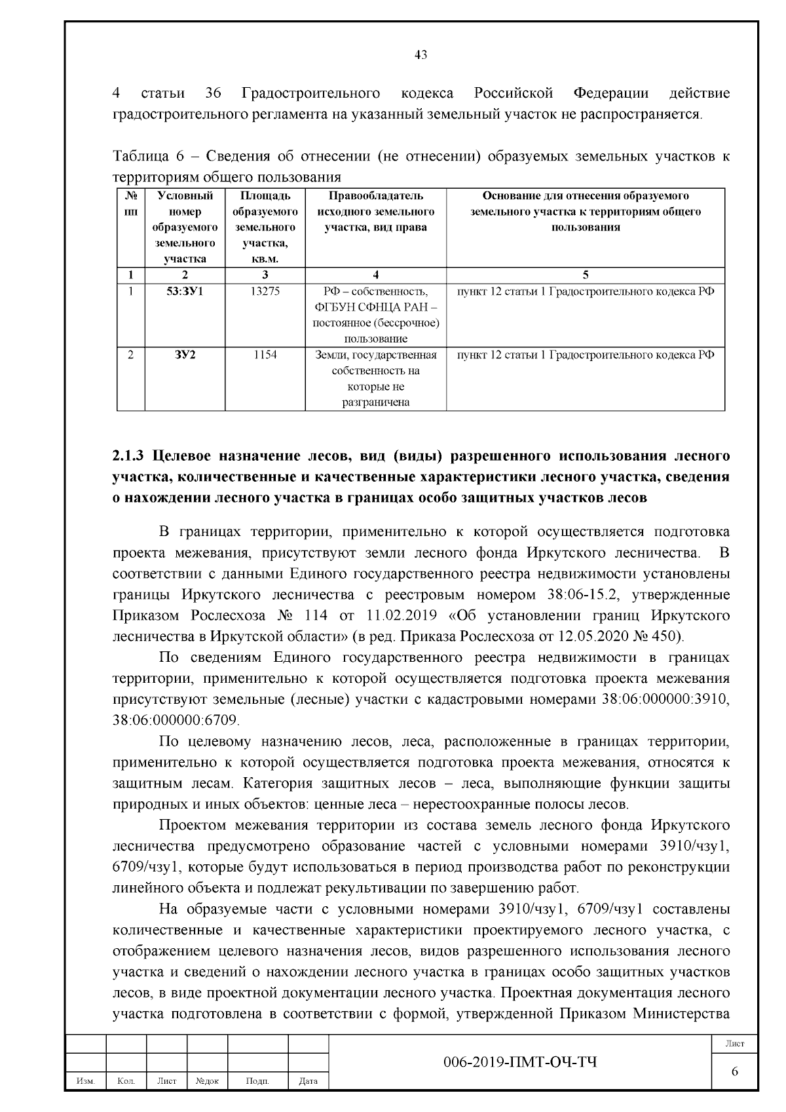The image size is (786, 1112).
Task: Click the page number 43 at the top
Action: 421,55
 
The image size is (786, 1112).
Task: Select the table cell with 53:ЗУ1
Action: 185,292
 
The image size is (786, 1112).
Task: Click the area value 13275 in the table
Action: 265,292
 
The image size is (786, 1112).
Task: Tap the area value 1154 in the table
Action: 265,355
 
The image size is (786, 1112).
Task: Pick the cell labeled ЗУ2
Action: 185,355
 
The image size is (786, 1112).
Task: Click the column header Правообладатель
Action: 375,196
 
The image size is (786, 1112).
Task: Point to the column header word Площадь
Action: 265,196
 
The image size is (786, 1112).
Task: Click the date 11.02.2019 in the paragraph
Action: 396,616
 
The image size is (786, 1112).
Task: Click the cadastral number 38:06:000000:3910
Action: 665,699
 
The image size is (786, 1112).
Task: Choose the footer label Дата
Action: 308,1081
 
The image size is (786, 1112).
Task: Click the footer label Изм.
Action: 86,1081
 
